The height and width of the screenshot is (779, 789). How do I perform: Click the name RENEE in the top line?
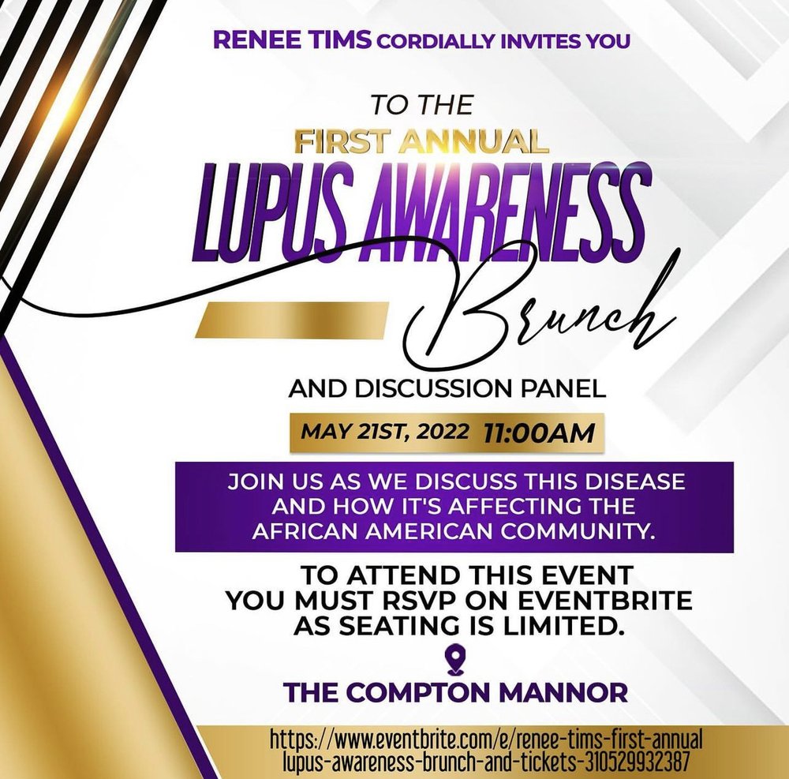pyautogui.click(x=256, y=40)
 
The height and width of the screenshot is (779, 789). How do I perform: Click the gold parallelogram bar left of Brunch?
pyautogui.click(x=294, y=319)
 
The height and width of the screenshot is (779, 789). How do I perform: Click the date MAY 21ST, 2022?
pyautogui.click(x=384, y=432)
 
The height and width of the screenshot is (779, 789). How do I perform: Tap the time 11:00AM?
pyautogui.click(x=538, y=433)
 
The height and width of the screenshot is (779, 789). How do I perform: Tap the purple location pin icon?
pyautogui.click(x=455, y=661)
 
